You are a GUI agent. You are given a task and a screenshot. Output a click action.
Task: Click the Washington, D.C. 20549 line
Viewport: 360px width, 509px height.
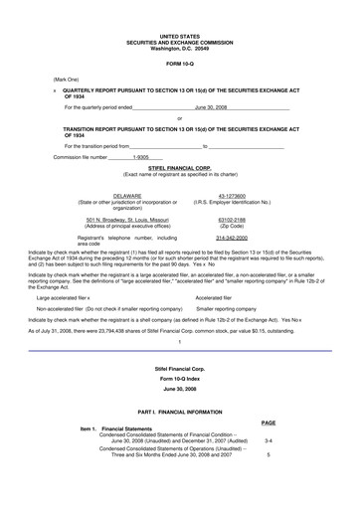180,49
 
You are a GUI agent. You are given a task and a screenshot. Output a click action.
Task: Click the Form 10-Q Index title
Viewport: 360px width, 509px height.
180,381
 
